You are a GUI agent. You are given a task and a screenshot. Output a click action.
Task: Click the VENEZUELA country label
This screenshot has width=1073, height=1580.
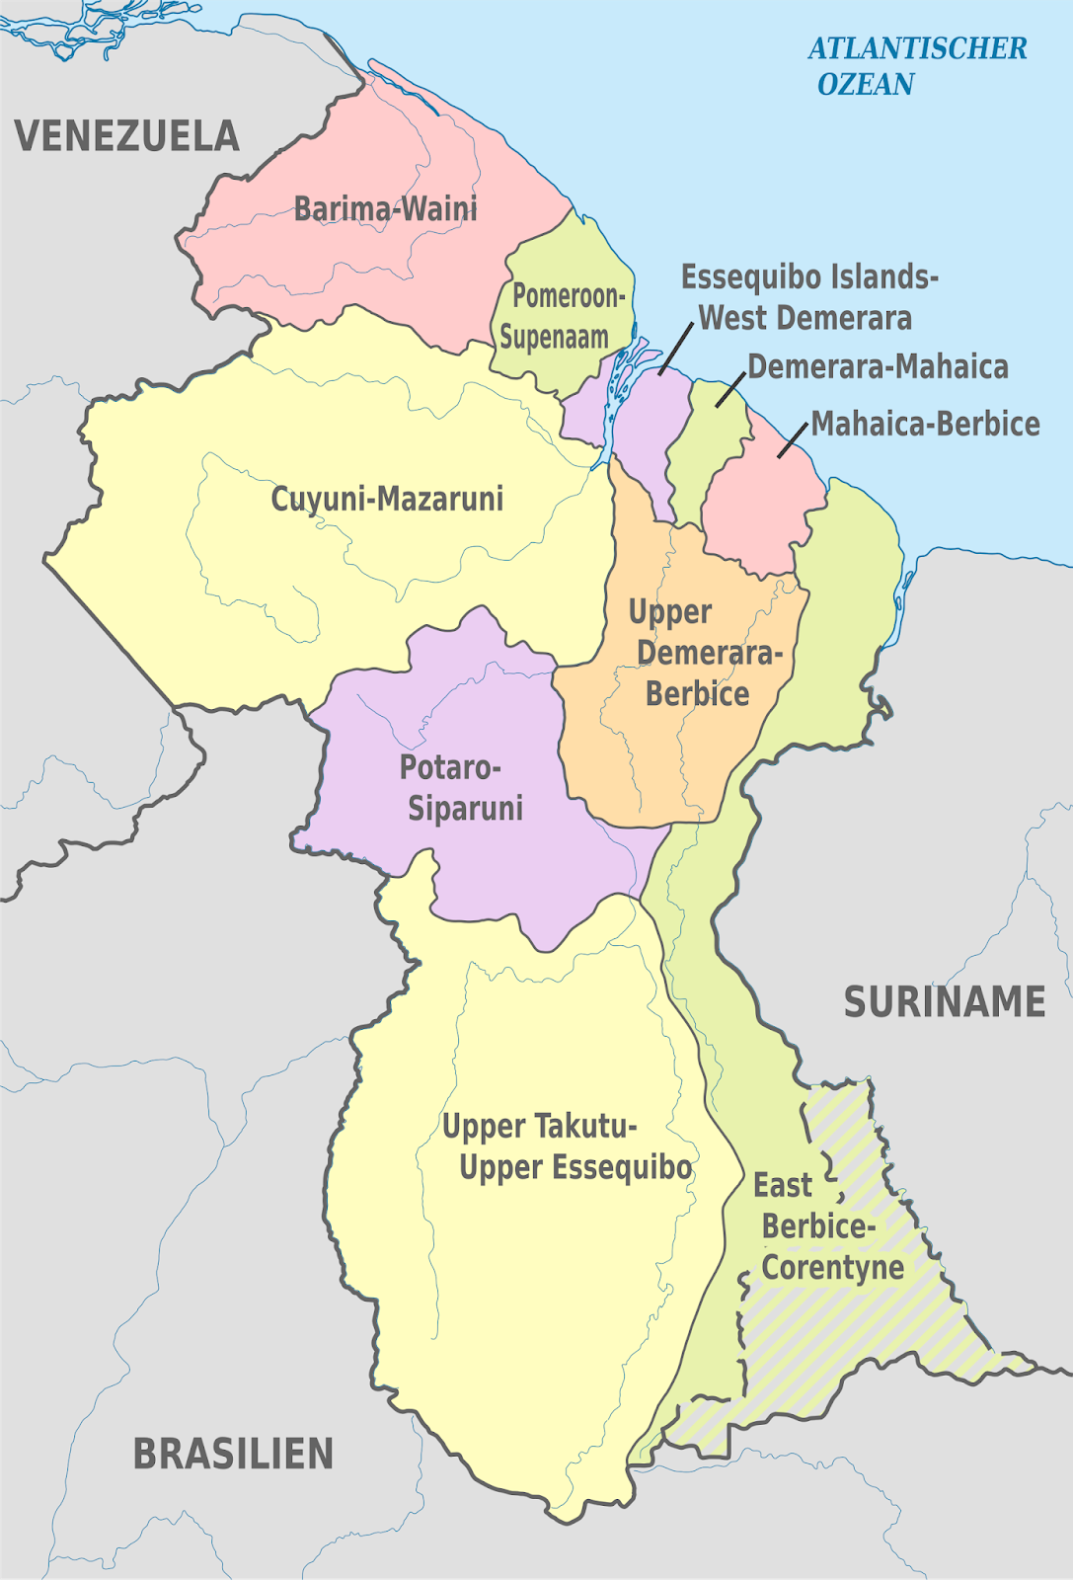point(126,136)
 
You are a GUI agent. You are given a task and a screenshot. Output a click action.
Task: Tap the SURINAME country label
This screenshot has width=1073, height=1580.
point(944,1002)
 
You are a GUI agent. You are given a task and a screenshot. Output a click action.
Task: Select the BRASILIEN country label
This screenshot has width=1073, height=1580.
point(233,1454)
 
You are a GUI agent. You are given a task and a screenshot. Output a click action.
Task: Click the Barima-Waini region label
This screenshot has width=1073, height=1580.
point(385,209)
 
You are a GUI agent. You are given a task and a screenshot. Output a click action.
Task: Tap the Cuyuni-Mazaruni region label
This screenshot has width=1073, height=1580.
point(387,499)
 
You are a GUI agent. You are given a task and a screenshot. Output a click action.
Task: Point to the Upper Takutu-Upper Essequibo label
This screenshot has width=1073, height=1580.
point(567,1146)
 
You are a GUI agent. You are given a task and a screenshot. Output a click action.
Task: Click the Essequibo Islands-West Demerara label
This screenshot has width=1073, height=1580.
point(807,297)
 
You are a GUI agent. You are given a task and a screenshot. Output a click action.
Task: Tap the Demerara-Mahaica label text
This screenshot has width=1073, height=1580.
point(878,367)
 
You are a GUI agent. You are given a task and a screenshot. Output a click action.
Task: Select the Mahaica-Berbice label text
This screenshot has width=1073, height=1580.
point(925,425)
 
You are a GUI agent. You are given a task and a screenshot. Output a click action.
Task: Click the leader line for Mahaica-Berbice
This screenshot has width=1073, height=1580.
point(793,441)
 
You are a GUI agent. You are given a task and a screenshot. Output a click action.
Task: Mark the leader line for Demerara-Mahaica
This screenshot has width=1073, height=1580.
point(730,389)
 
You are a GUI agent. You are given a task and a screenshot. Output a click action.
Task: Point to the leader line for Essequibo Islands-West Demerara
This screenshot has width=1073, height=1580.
point(676,347)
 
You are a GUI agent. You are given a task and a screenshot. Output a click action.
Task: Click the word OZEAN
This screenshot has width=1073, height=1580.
point(866,85)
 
